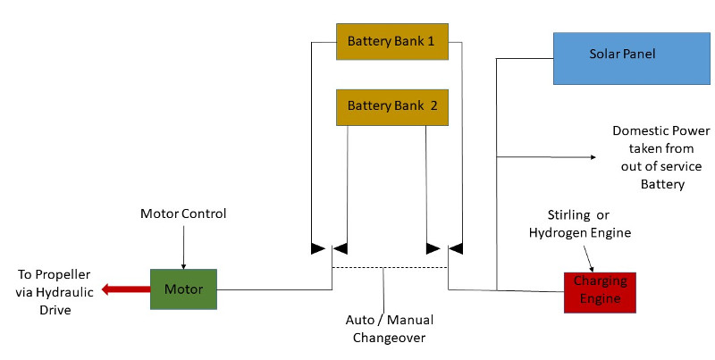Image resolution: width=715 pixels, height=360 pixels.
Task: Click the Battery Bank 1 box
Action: click(x=391, y=42)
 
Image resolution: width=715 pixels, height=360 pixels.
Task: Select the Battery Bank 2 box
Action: click(x=391, y=105)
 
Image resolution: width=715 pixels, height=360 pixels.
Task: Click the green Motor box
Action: click(x=184, y=289)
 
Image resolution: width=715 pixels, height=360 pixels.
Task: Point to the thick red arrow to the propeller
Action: click(x=124, y=289)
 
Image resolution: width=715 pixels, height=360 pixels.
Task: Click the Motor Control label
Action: click(x=183, y=214)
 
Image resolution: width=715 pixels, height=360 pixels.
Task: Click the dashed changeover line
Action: click(x=389, y=267)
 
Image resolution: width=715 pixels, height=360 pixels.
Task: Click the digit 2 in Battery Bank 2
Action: click(x=433, y=105)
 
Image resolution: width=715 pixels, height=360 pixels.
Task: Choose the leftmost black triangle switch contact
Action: click(x=317, y=247)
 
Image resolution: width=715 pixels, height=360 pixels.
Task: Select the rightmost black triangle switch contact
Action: click(x=455, y=247)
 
